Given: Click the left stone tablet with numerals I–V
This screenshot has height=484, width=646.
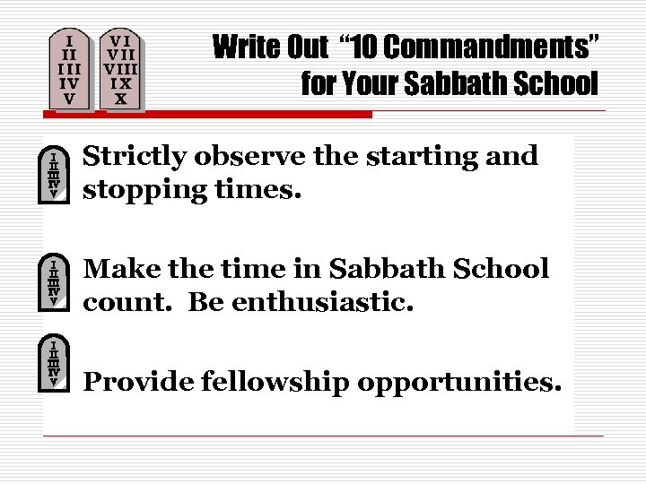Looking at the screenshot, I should [x=70, y=69].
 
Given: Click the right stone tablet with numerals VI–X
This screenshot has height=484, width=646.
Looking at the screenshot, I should [x=120, y=69].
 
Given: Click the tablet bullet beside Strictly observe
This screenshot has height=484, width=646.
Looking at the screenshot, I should [x=56, y=174].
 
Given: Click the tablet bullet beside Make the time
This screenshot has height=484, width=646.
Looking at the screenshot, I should [x=56, y=282].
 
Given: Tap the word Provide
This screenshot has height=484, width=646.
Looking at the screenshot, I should [x=137, y=383].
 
